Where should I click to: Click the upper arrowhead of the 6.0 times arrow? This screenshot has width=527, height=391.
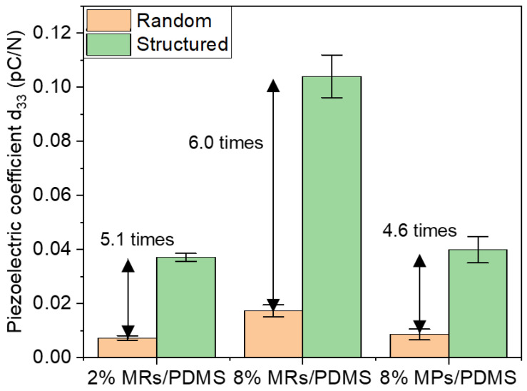coord(272,86)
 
